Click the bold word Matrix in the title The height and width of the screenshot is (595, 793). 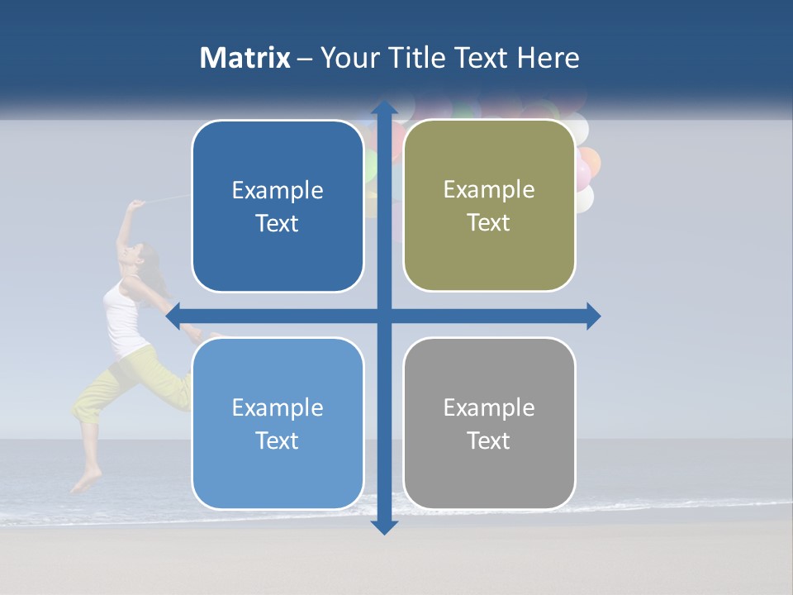pyautogui.click(x=245, y=58)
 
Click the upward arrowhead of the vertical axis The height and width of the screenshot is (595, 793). pyautogui.click(x=383, y=107)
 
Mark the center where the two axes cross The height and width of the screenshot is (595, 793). pyautogui.click(x=383, y=316)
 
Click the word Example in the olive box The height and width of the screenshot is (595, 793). pyautogui.click(x=489, y=190)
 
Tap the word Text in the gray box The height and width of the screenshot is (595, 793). pyautogui.click(x=489, y=440)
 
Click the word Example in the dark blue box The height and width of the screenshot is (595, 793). pyautogui.click(x=278, y=191)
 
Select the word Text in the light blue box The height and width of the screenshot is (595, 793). pyautogui.click(x=278, y=440)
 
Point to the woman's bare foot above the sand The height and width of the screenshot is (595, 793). pyautogui.click(x=86, y=481)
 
